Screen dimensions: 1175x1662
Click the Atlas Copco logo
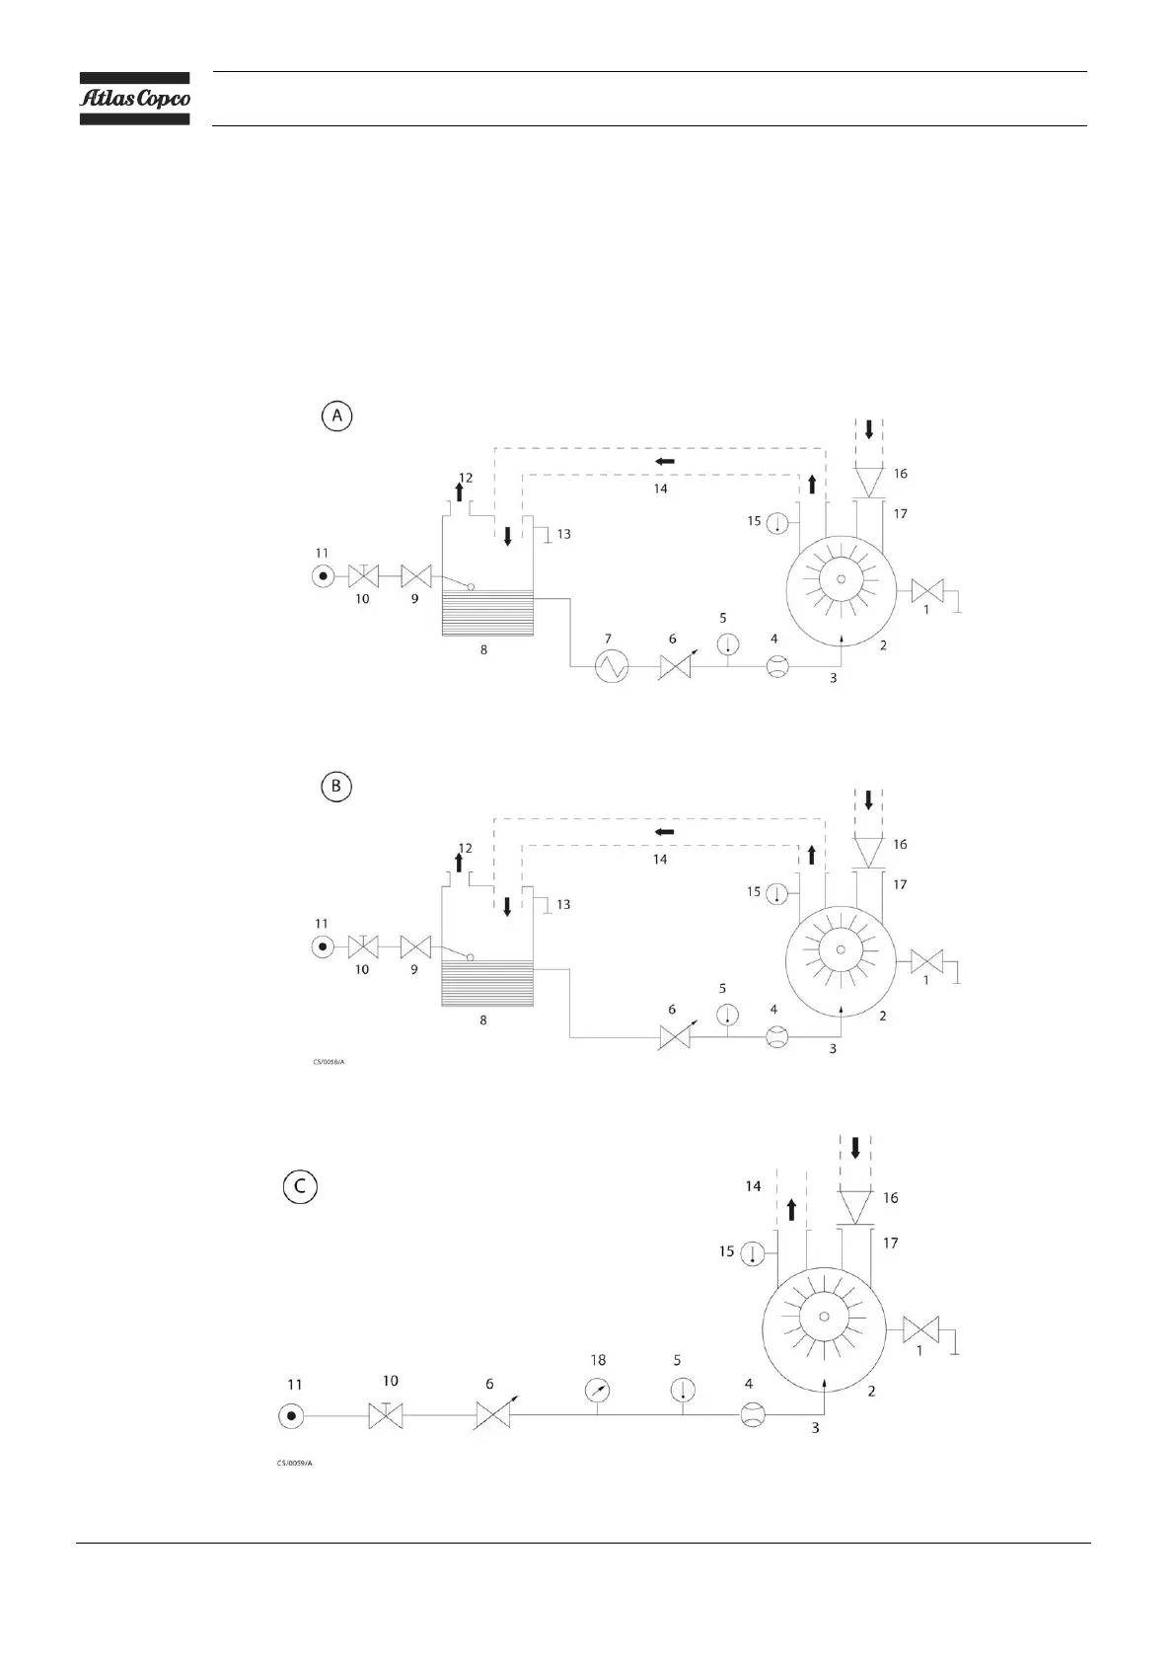coord(134,99)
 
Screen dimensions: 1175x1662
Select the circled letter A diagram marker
coord(336,416)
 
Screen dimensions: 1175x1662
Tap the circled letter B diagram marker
coord(336,787)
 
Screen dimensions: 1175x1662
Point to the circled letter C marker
coord(300,1186)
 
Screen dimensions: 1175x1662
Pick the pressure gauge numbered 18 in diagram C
coord(597,1390)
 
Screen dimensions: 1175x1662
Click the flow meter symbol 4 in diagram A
coord(777,668)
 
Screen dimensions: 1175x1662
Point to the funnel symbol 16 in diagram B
coord(868,850)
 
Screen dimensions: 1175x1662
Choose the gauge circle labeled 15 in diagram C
coord(753,1253)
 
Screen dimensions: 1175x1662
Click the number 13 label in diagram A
coord(563,534)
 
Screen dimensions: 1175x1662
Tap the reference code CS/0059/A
coord(295,1463)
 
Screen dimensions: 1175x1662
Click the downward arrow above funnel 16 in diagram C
coord(855,1148)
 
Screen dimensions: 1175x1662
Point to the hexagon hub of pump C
coord(825,1318)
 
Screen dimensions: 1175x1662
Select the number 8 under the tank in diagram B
coord(483,1020)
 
